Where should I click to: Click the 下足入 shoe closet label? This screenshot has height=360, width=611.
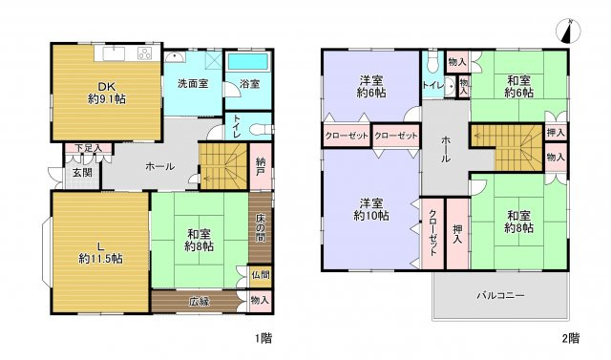point(88,148)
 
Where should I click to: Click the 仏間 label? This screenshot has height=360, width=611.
point(260,275)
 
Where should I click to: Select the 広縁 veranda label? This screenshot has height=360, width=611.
point(199,302)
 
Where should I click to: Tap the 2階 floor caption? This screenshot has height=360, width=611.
point(570,338)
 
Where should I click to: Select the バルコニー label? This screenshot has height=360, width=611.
point(500,295)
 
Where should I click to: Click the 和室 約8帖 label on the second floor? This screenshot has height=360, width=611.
point(520,222)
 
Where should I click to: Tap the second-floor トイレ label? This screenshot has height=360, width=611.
point(432,83)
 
